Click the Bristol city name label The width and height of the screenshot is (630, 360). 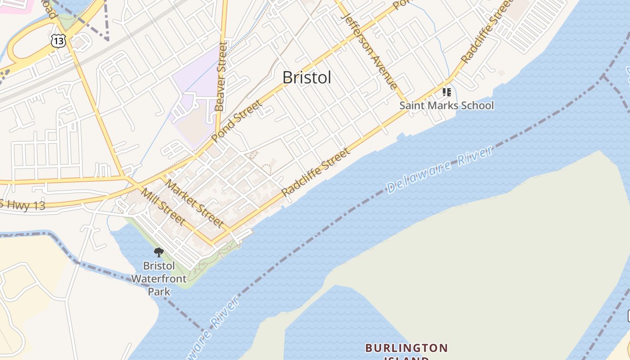tap(307, 77)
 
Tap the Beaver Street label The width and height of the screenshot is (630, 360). tap(220, 76)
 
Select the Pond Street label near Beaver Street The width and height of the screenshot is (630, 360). tap(236, 121)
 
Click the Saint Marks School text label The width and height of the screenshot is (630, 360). tap(447, 106)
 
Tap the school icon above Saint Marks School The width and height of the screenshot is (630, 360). tap(446, 92)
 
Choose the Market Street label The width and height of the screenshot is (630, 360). tap(194, 203)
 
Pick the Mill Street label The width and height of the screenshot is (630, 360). tap(163, 206)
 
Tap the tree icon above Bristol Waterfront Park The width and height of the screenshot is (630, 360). tap(158, 252)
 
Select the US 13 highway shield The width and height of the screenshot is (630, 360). tap(59, 40)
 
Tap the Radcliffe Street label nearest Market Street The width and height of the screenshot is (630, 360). tap(316, 172)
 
